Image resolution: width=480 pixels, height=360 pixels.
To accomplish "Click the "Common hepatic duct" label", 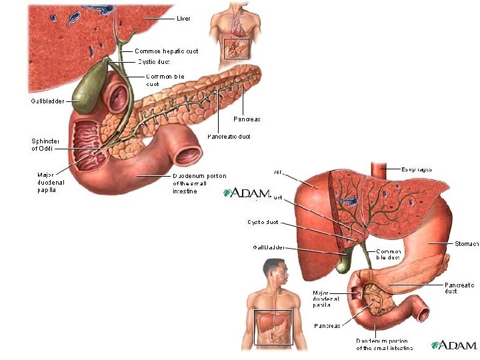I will click(x=166, y=51).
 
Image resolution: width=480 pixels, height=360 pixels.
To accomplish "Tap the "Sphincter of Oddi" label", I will click(x=45, y=145).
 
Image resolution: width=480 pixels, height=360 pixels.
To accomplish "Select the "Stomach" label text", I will click(x=466, y=244).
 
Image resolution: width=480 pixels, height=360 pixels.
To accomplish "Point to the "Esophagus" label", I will click(x=417, y=169).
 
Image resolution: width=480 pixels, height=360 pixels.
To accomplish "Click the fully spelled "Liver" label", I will click(x=183, y=19).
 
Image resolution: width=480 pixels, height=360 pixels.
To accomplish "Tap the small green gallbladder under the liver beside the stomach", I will click(x=343, y=264).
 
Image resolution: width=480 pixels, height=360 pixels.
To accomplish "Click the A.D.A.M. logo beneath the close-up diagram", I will click(x=247, y=193).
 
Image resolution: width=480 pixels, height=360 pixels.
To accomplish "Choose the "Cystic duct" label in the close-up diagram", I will click(x=153, y=62).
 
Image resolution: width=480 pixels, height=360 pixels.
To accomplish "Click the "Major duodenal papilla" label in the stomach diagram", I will click(x=327, y=299).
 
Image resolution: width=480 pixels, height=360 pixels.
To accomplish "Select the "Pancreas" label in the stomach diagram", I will click(x=327, y=326).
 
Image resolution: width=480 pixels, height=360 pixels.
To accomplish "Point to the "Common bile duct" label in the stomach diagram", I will click(x=388, y=254).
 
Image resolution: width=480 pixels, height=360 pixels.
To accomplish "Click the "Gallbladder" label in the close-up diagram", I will click(x=47, y=101).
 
